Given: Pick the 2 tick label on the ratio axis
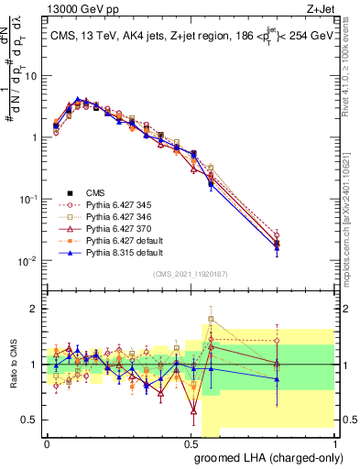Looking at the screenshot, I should click(x=36, y=309).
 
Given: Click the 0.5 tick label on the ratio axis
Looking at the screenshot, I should click(x=32, y=420).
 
